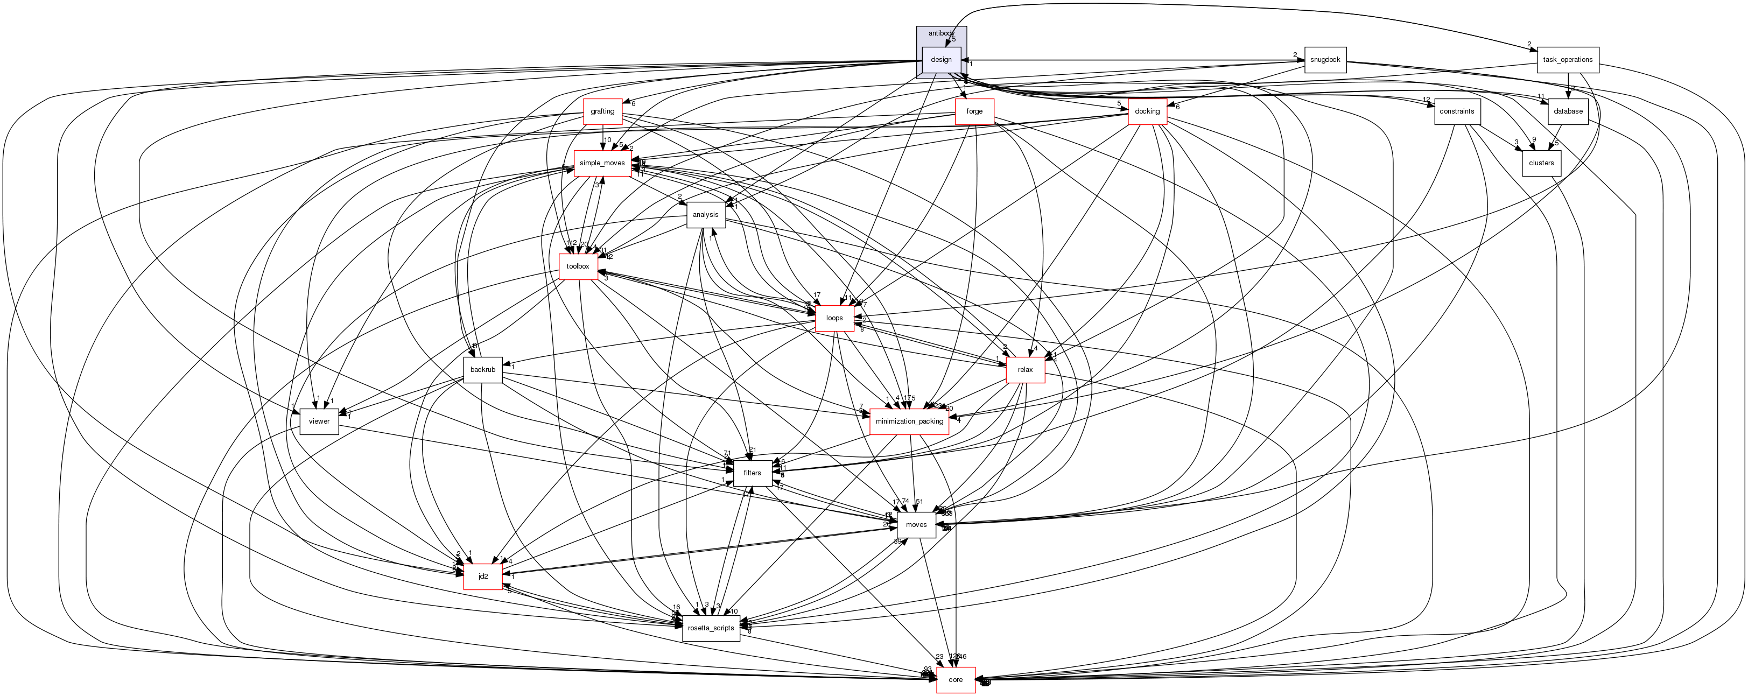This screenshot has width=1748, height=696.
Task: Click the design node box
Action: click(941, 60)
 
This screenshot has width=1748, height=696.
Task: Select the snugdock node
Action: click(1324, 60)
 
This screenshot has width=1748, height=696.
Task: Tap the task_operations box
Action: click(1568, 60)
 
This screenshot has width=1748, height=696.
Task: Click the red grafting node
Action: click(602, 111)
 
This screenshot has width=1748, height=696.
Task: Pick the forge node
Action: click(974, 111)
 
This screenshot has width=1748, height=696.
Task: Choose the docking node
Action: click(1147, 111)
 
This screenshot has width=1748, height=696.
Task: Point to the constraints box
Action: click(1457, 111)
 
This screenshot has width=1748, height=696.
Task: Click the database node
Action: click(1568, 111)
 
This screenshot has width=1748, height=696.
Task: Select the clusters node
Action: click(1541, 163)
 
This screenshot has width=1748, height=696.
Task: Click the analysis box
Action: click(706, 215)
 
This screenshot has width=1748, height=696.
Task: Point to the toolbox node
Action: click(578, 266)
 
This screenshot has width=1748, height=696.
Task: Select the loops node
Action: click(834, 318)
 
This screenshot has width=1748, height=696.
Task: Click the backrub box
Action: click(482, 370)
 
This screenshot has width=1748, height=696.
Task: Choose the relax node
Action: click(1024, 370)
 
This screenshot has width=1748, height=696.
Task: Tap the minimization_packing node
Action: click(909, 421)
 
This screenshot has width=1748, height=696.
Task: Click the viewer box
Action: click(319, 421)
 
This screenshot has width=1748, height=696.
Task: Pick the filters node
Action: click(752, 473)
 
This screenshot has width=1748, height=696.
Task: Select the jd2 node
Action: click(483, 577)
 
